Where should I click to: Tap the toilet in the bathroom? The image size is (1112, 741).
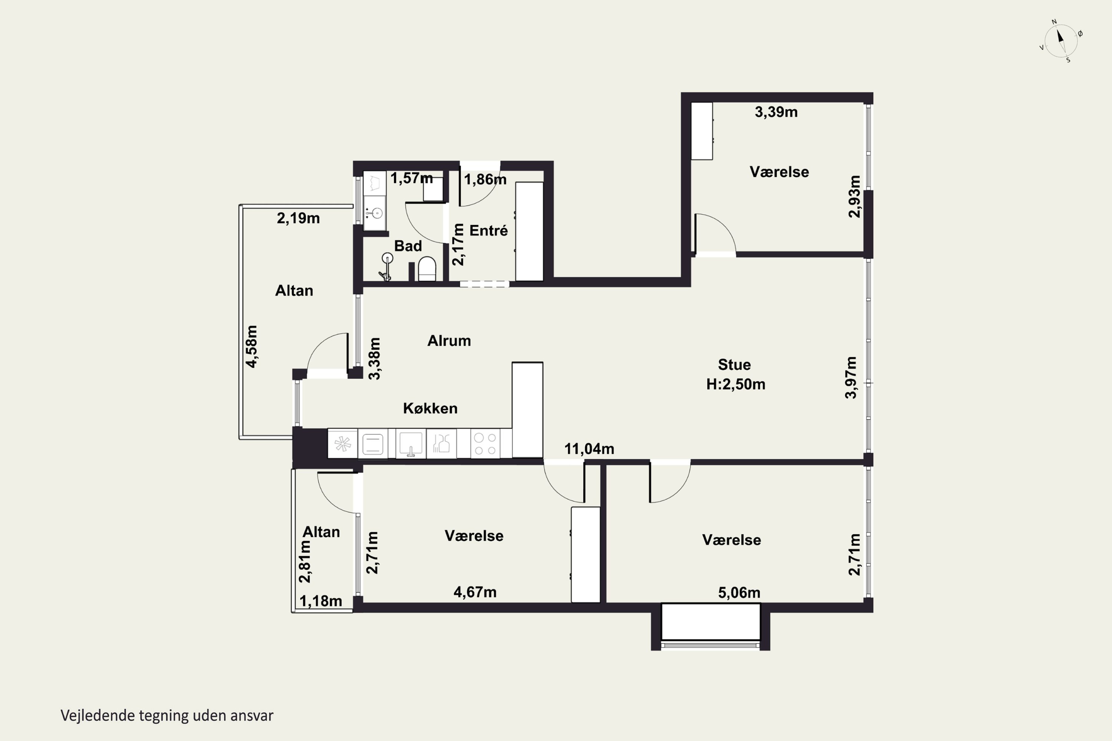(427, 269)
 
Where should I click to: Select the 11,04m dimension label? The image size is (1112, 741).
(589, 449)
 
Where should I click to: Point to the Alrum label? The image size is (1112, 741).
(449, 341)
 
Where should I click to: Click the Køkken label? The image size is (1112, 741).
(430, 408)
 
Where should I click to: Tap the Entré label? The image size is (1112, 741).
(489, 230)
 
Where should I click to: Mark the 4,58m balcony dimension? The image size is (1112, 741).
(252, 346)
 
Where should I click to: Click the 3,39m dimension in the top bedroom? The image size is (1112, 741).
(776, 112)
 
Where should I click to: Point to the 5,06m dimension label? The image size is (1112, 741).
(739, 592)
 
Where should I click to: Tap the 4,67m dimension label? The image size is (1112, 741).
(475, 592)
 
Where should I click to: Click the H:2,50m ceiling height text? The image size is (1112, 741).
(736, 384)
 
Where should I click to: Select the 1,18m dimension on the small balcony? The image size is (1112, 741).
(321, 601)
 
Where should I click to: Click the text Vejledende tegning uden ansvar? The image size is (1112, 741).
(167, 716)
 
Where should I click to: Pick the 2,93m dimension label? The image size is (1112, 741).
(854, 197)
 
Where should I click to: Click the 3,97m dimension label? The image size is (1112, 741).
(851, 378)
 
